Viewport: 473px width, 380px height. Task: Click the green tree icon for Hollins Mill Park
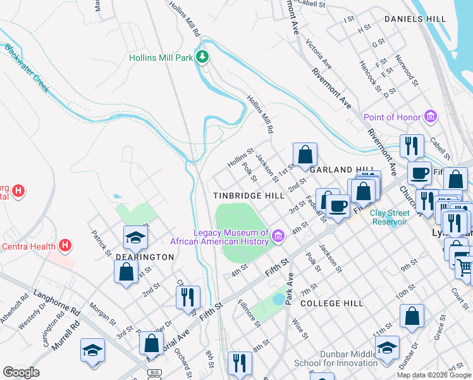point(202,58)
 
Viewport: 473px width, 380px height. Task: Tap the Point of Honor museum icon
point(431,117)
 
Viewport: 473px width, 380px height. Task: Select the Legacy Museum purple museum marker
point(277,236)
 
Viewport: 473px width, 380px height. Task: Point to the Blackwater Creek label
point(27,68)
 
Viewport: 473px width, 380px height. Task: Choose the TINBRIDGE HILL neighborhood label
point(245,196)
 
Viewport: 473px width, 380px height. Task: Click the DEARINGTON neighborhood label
point(144,257)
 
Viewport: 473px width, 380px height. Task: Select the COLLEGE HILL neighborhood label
point(332,303)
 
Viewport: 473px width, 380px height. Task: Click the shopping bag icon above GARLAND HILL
point(305,155)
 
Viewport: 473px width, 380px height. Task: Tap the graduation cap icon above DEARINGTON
point(135,237)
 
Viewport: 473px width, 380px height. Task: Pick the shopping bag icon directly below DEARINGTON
point(126,272)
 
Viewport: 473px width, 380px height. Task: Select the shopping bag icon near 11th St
point(412,316)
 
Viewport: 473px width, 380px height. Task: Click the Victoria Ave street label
point(319,54)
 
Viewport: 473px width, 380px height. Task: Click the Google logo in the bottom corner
point(21,372)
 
